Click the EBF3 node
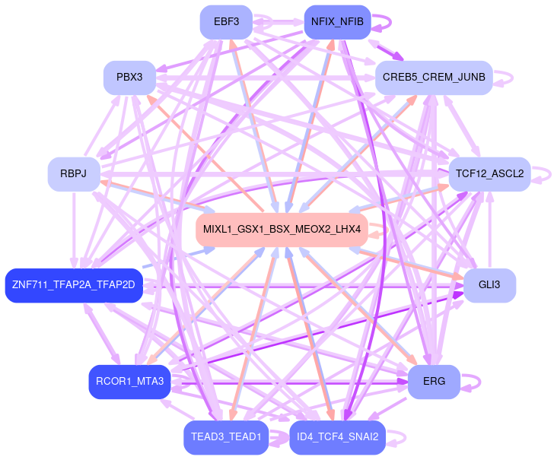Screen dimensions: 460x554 pyautogui.click(x=226, y=22)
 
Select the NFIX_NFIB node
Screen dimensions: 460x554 pyautogui.click(x=337, y=22)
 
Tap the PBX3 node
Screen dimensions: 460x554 pyautogui.click(x=129, y=78)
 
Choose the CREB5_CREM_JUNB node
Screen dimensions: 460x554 pyautogui.click(x=434, y=78)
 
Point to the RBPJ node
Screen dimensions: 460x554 pyautogui.click(x=73, y=174)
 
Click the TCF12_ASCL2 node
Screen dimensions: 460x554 pyautogui.click(x=489, y=174)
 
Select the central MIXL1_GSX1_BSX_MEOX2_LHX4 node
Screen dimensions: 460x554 pyautogui.click(x=282, y=230)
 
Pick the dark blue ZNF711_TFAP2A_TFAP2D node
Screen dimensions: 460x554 pyautogui.click(x=73, y=285)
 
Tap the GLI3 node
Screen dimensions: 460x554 pyautogui.click(x=489, y=285)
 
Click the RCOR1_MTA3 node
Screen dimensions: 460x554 pyautogui.click(x=129, y=382)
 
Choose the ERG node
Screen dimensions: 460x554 pyautogui.click(x=434, y=382)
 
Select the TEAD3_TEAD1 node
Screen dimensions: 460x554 pyautogui.click(x=226, y=437)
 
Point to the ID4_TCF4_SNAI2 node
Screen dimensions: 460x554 pyautogui.click(x=337, y=437)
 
